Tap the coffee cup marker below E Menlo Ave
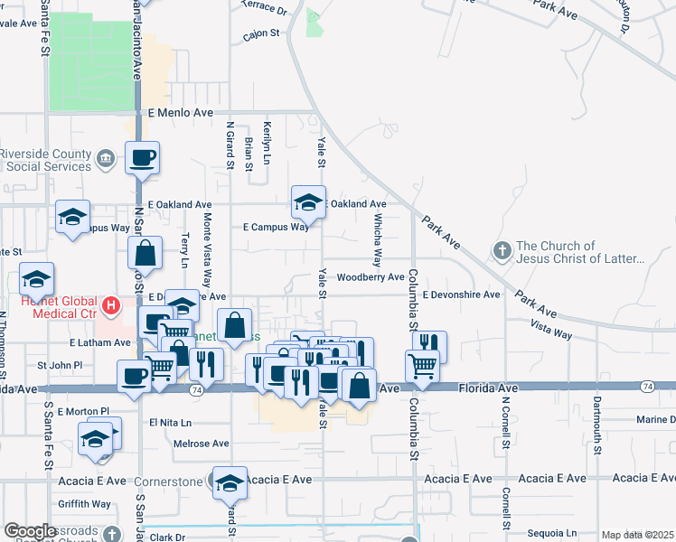142,159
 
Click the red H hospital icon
111,307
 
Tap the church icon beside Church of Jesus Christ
502,249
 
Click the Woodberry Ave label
371,276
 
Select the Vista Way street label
551,329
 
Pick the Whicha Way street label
378,245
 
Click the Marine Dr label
655,419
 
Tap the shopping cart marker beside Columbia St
422,367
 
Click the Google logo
30,531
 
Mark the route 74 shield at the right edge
646,387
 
